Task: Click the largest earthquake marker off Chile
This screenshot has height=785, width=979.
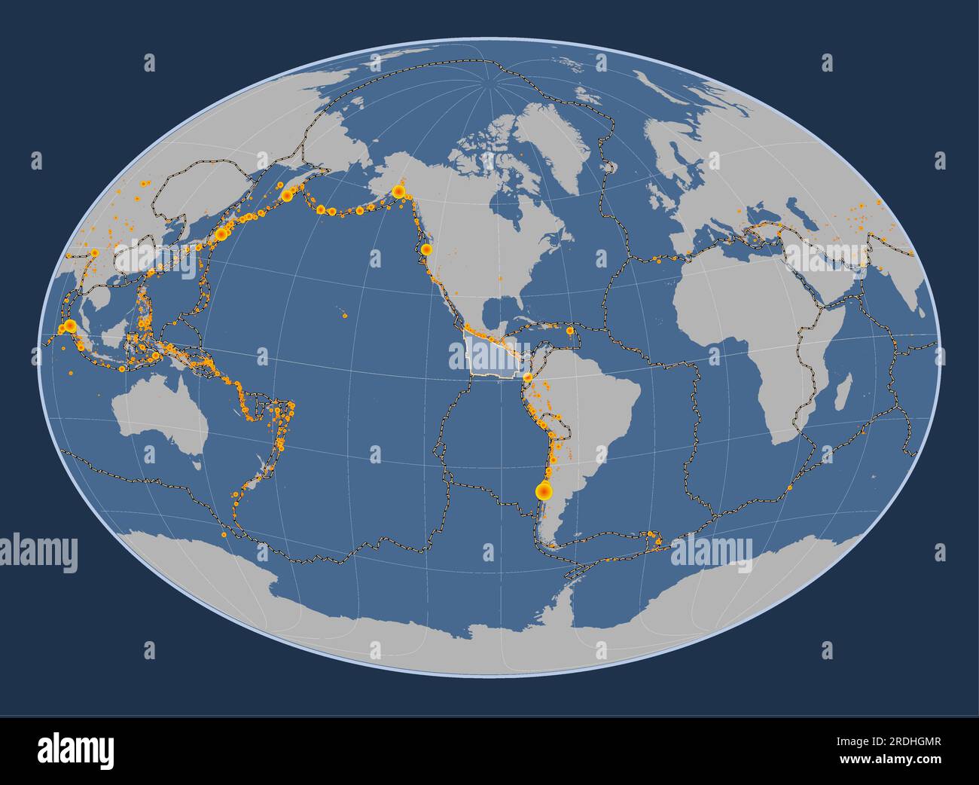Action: [543, 491]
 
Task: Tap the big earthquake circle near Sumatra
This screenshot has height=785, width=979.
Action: [69, 326]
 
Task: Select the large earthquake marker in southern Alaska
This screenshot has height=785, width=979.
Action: [398, 192]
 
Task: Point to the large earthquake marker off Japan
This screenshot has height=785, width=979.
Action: [221, 234]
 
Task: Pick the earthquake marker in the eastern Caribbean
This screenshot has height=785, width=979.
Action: [570, 330]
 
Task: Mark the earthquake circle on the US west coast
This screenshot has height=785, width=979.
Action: [426, 249]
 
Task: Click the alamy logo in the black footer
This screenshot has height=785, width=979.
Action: [75, 750]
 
